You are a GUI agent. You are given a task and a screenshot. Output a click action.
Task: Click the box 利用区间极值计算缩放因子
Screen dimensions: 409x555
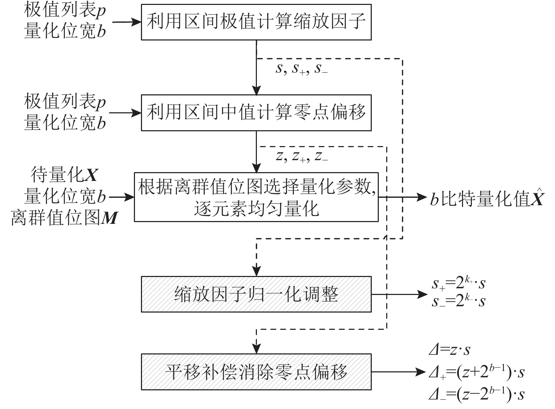256,22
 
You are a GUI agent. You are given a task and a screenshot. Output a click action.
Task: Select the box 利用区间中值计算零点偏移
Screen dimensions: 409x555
256,113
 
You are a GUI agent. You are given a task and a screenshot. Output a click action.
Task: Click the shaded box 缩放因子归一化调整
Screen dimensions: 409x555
256,294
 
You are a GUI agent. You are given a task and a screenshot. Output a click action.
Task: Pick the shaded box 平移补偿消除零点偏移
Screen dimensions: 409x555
256,372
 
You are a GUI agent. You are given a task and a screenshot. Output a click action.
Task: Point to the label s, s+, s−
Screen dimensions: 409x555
302,69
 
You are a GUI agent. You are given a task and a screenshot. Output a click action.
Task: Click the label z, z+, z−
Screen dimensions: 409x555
302,156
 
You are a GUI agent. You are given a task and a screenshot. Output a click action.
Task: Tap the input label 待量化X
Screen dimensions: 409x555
65,175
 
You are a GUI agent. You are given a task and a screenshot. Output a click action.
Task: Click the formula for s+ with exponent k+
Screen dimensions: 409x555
458,284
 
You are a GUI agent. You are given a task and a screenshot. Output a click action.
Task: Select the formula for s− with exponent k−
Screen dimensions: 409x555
458,301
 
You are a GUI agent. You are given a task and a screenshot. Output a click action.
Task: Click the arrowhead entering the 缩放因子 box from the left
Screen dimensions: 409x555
137,22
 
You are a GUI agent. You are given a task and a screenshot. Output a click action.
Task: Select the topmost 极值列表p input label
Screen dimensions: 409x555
65,11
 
